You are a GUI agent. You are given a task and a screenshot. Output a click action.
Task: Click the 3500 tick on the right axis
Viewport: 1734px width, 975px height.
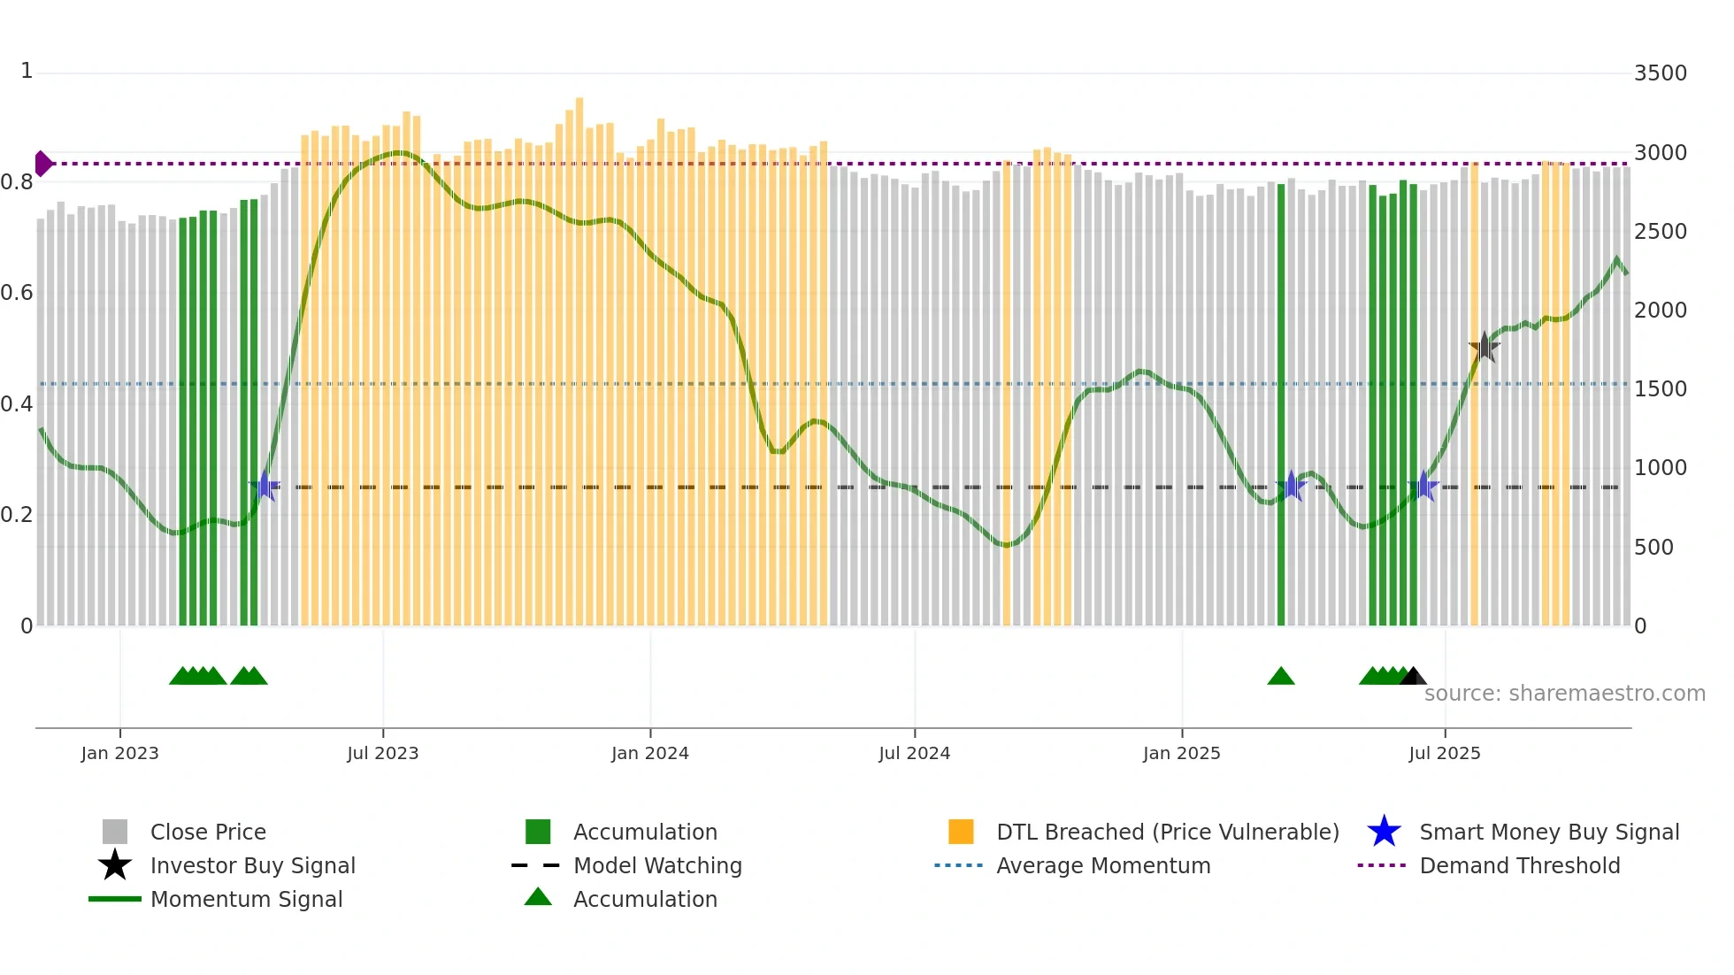[x=1660, y=73]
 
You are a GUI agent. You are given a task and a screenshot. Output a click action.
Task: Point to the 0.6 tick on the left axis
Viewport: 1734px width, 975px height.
[x=17, y=293]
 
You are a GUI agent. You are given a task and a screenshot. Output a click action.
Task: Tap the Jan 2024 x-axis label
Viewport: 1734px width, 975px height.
[x=649, y=753]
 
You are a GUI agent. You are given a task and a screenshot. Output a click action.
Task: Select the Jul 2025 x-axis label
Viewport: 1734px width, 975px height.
[x=1444, y=753]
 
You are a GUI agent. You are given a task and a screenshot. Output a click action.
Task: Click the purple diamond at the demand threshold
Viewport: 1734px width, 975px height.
[x=42, y=164]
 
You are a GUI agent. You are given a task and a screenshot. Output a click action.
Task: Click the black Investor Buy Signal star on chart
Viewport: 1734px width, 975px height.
[x=1484, y=347]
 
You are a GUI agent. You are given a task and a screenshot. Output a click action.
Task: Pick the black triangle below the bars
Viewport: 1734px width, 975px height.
[x=1413, y=677]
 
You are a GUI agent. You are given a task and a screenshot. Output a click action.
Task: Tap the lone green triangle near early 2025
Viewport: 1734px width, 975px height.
[x=1280, y=677]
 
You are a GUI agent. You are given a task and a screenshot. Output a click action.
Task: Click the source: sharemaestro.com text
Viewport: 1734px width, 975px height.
[x=1564, y=694]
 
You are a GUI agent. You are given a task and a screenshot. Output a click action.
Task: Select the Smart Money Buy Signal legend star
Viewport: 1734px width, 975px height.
[x=1384, y=832]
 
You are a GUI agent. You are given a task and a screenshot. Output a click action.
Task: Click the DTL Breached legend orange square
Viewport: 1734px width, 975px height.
[x=961, y=832]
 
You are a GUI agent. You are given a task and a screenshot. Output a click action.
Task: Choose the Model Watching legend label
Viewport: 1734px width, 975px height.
[x=657, y=865]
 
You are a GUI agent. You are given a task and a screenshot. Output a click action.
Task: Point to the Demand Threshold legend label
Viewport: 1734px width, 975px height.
[x=1519, y=865]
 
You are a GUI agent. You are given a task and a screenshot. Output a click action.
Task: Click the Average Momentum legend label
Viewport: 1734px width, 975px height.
[x=1102, y=865]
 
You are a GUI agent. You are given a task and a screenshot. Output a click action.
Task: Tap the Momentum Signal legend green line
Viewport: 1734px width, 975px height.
[x=115, y=899]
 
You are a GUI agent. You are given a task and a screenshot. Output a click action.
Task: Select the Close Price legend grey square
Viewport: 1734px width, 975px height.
[x=115, y=832]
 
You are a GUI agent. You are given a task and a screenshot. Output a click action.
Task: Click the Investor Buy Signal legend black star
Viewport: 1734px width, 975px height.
[x=115, y=865]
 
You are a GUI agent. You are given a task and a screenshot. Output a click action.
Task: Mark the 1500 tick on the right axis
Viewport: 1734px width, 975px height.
[x=1660, y=389]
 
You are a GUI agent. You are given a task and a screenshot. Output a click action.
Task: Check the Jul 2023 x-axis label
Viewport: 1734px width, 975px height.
[x=382, y=753]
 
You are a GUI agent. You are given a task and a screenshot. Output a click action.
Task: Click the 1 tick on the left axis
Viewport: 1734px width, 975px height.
[x=27, y=71]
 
